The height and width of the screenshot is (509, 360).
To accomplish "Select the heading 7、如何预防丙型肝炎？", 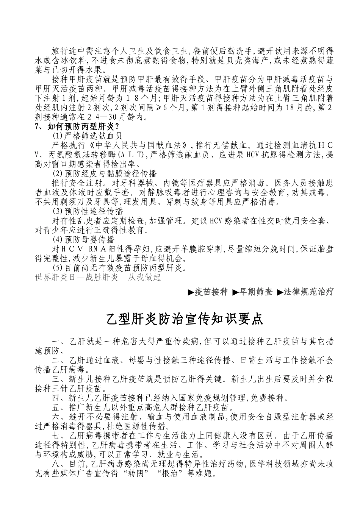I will (x=77, y=126).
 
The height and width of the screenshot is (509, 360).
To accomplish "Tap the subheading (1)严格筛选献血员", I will (x=87, y=135).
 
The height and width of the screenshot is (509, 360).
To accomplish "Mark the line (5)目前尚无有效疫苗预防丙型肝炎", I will (x=119, y=268).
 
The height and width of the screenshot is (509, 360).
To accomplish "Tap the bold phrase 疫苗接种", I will (x=211, y=292).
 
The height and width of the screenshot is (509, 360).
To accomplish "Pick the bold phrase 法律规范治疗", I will (x=308, y=292).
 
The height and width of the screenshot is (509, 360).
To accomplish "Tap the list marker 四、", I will (x=60, y=398).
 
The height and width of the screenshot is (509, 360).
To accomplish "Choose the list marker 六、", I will (x=60, y=417).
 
